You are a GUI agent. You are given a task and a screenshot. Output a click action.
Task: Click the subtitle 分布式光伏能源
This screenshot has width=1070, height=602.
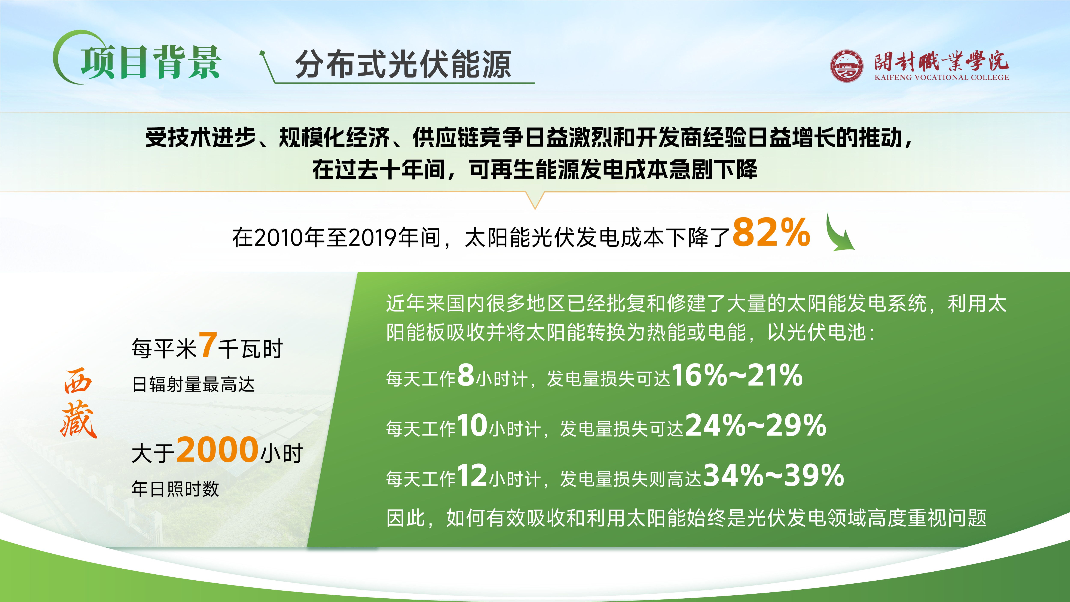[403, 64]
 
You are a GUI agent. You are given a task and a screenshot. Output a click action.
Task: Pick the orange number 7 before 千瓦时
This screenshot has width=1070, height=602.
[207, 344]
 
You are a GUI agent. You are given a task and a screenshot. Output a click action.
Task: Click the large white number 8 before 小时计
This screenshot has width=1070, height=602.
[466, 374]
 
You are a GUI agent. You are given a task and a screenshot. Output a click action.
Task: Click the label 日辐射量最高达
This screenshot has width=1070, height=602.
[193, 384]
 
